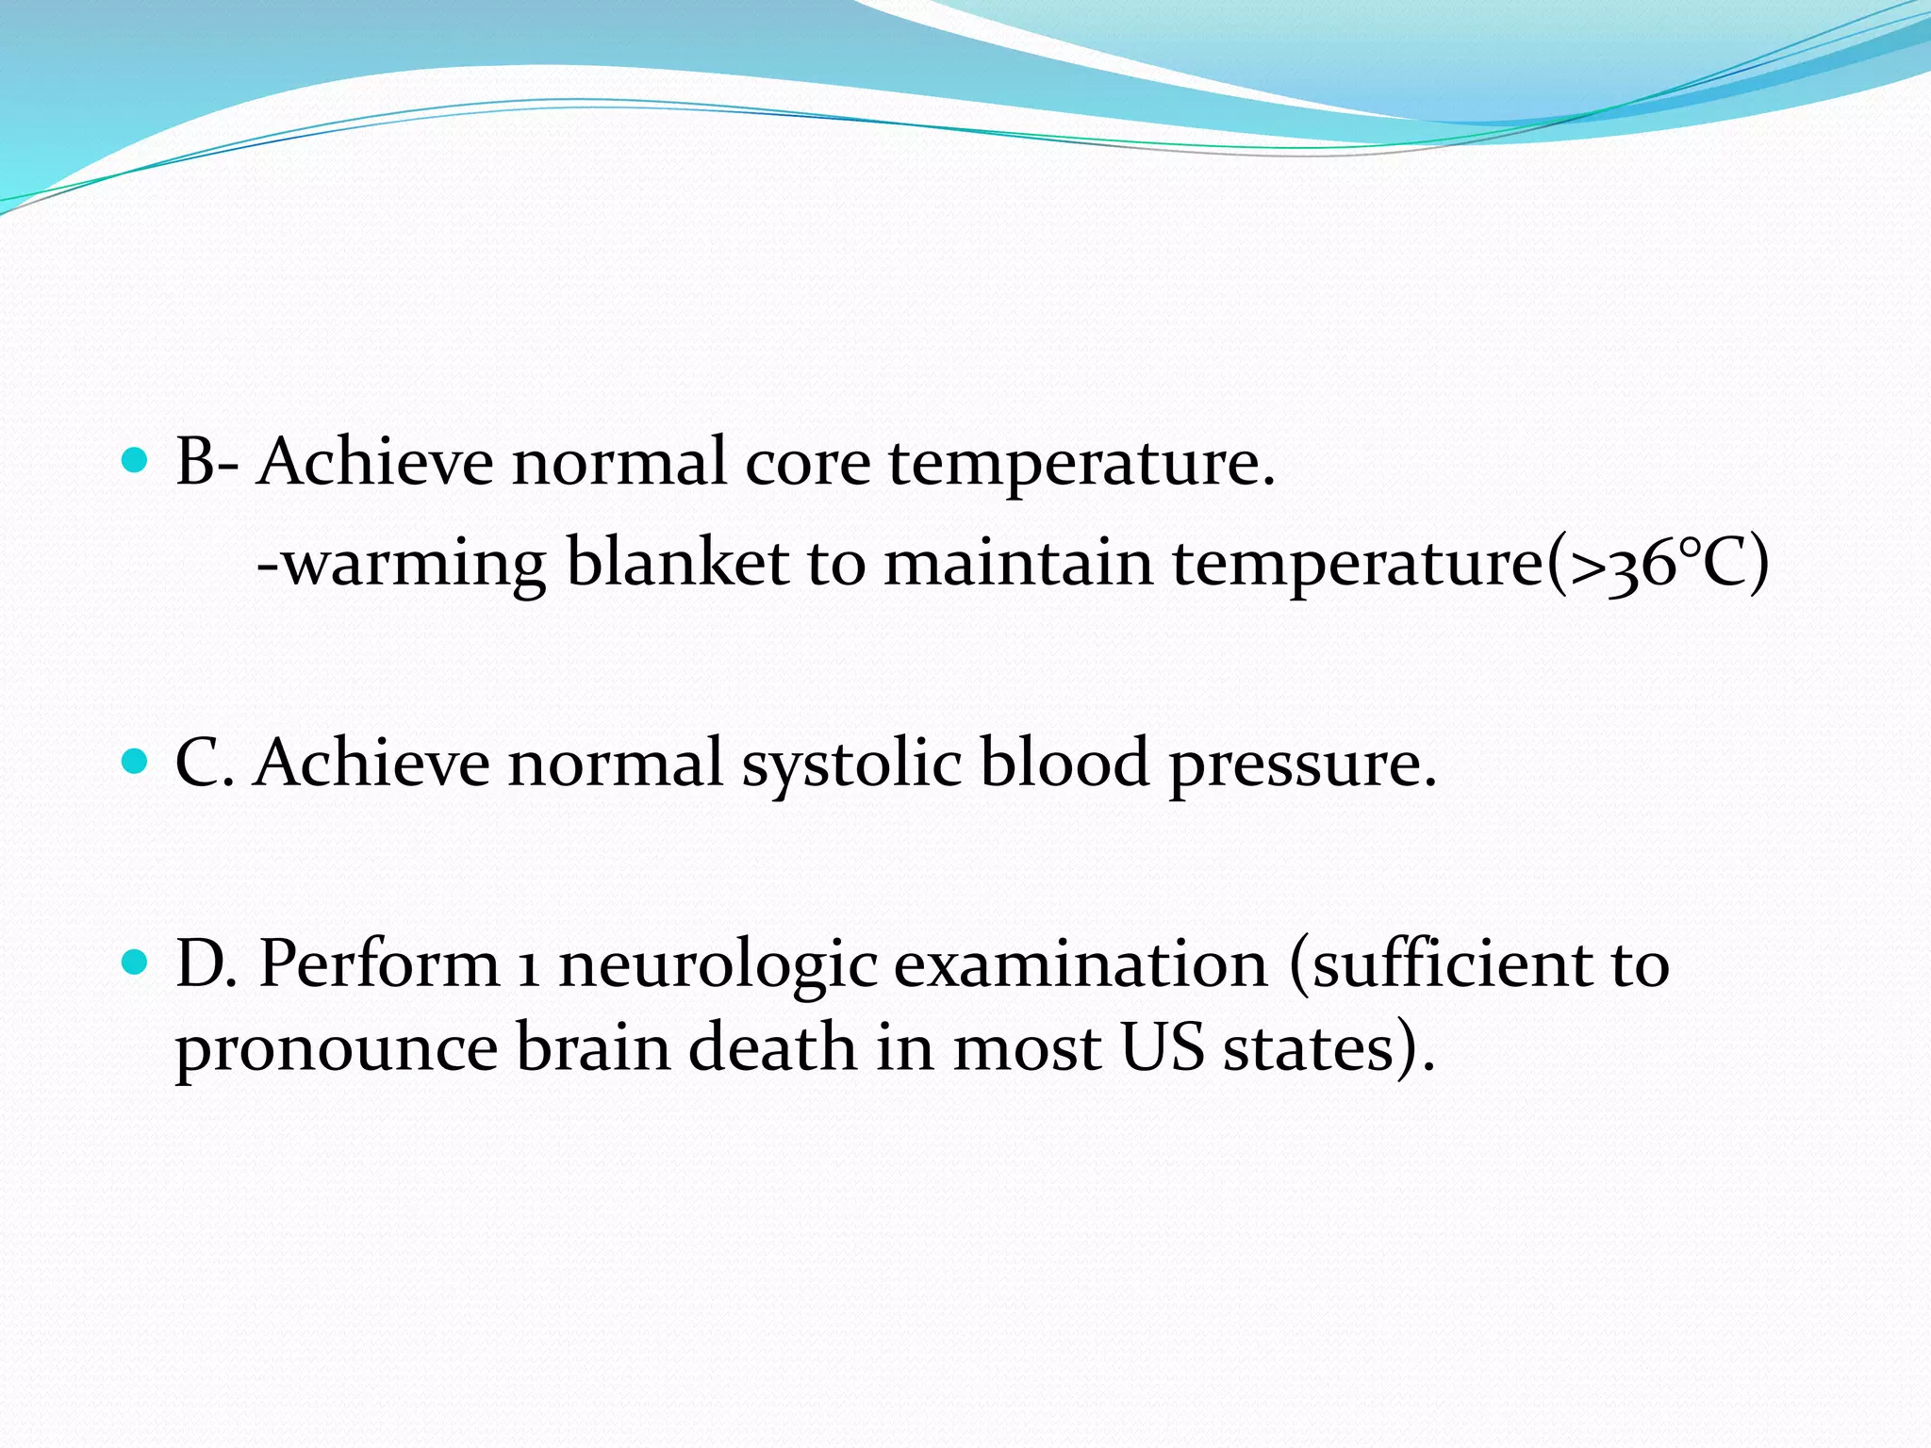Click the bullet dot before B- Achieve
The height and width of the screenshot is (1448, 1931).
pyautogui.click(x=136, y=461)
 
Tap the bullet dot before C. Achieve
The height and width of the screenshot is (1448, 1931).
pyautogui.click(x=136, y=761)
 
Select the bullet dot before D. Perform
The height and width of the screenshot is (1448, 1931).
pyautogui.click(x=136, y=963)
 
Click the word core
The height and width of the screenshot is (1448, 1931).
pyautogui.click(x=807, y=464)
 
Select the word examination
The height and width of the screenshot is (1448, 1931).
pyautogui.click(x=1081, y=965)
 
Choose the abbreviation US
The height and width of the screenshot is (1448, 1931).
pyautogui.click(x=1163, y=1048)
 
